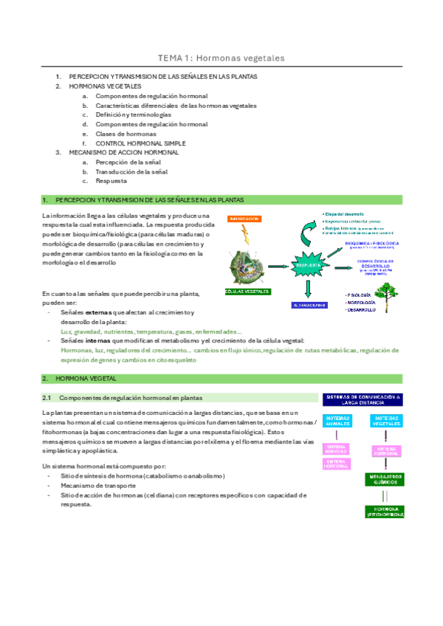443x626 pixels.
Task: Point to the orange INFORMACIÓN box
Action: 243,219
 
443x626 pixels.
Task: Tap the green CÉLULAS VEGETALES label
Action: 247,291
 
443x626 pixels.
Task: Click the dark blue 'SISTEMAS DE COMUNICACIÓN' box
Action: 363,400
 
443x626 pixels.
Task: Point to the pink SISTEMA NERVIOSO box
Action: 336,449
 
